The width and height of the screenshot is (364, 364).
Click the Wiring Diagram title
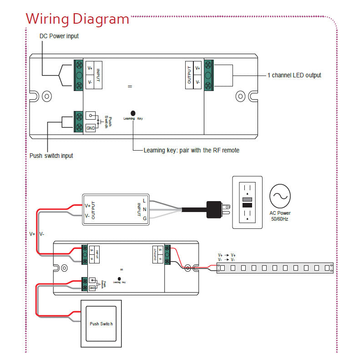(x=77, y=19)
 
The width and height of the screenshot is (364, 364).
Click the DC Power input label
(x=59, y=36)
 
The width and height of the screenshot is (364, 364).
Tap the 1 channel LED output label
(x=294, y=75)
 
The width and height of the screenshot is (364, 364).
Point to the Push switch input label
(x=51, y=156)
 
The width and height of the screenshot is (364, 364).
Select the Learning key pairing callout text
(x=191, y=150)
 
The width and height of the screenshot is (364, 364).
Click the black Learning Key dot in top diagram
(x=133, y=113)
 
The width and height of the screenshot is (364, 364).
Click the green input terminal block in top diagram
(x=78, y=76)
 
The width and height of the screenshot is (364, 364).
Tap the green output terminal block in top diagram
(x=209, y=75)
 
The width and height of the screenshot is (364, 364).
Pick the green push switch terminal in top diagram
(x=78, y=121)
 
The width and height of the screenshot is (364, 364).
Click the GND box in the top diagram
(x=91, y=128)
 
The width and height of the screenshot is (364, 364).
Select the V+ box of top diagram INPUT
(x=90, y=68)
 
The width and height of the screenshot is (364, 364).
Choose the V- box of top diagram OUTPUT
(x=197, y=82)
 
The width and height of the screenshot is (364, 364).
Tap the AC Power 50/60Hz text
(x=280, y=216)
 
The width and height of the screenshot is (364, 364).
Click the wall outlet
(x=248, y=202)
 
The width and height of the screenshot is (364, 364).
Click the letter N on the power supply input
(x=144, y=209)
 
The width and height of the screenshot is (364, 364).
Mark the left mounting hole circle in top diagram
(x=46, y=96)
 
